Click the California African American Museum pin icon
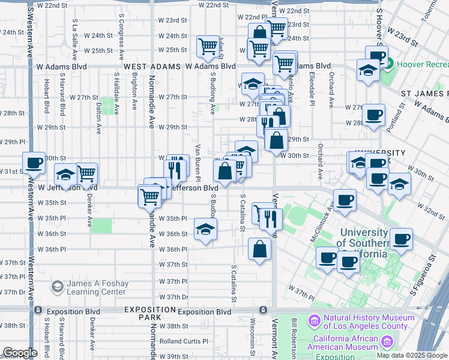pyautogui.click(x=387, y=342)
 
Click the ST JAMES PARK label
pyautogui.click(x=425, y=94)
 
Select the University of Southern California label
pyautogui.click(x=364, y=243)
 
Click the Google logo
pyautogui.click(x=20, y=353)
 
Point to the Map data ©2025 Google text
pyautogui.click(x=412, y=355)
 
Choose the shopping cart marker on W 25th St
pyautogui.click(x=208, y=46)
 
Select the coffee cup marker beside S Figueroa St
pyautogui.click(x=401, y=238)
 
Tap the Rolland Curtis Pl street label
pyautogui.click(x=184, y=341)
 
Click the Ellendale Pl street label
pyautogui.click(x=312, y=89)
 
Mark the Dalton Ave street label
pyautogui.click(x=98, y=116)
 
